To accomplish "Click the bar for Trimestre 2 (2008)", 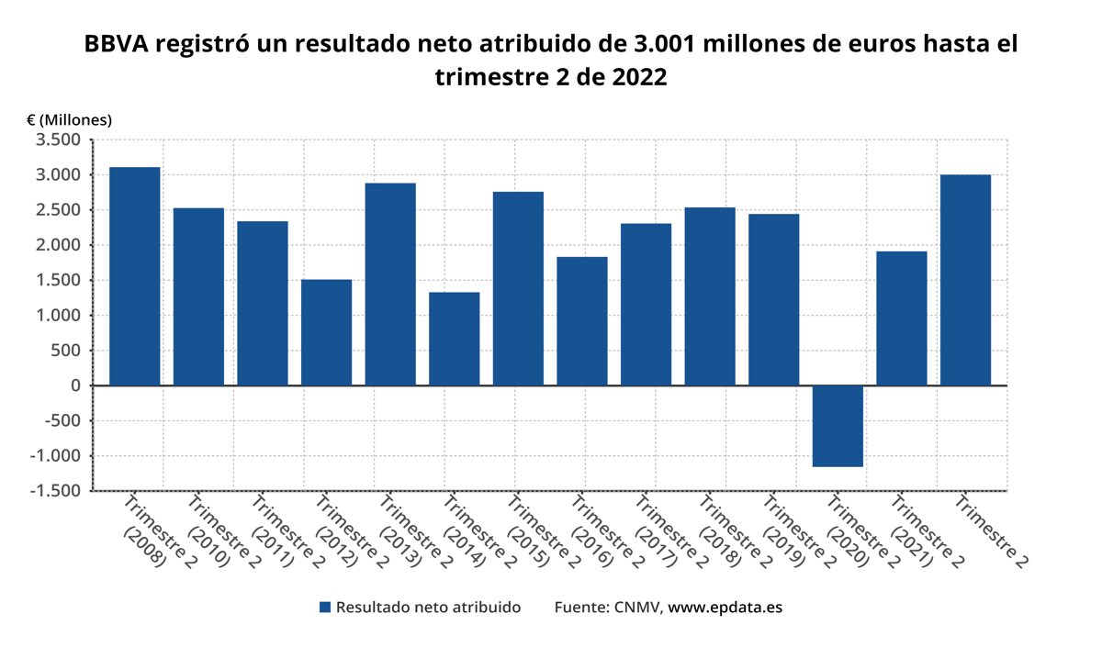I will pyautogui.click(x=134, y=275).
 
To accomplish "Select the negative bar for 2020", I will pyautogui.click(x=838, y=426).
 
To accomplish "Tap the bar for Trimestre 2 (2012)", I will pyautogui.click(x=326, y=332).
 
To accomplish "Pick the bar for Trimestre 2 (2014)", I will pyautogui.click(x=454, y=339).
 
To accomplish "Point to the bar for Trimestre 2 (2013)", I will pyautogui.click(x=390, y=284).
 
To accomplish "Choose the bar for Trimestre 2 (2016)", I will pyautogui.click(x=582, y=320).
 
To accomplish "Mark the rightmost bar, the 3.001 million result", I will pyautogui.click(x=965, y=279).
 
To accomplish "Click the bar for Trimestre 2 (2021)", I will pyautogui.click(x=901, y=318).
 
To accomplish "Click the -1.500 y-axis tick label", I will pyautogui.click(x=57, y=491).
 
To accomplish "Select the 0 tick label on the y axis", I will pyautogui.click(x=76, y=385).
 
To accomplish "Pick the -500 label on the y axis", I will pyautogui.click(x=63, y=421).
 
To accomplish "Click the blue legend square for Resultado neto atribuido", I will pyautogui.click(x=324, y=608).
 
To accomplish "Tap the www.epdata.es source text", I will pyautogui.click(x=725, y=608).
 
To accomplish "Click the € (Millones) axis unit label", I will pyautogui.click(x=69, y=119).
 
